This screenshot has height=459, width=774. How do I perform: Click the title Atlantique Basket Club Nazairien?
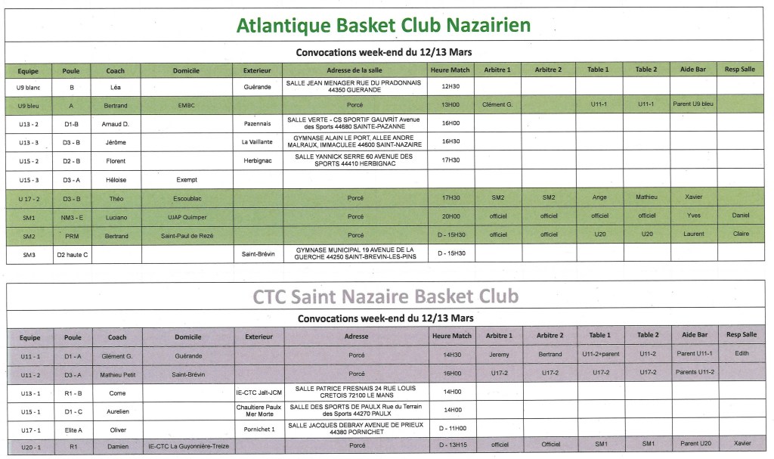click(x=383, y=26)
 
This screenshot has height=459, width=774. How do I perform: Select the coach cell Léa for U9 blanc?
click(x=116, y=88)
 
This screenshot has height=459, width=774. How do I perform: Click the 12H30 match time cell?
click(x=450, y=88)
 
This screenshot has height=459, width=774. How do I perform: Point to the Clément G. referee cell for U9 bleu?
click(x=497, y=104)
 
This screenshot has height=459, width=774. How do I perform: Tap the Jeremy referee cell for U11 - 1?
click(x=499, y=354)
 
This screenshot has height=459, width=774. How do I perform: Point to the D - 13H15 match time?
click(x=450, y=445)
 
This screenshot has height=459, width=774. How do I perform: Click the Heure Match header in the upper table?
click(x=450, y=70)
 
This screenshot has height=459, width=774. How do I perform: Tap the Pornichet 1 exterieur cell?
click(x=259, y=427)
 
